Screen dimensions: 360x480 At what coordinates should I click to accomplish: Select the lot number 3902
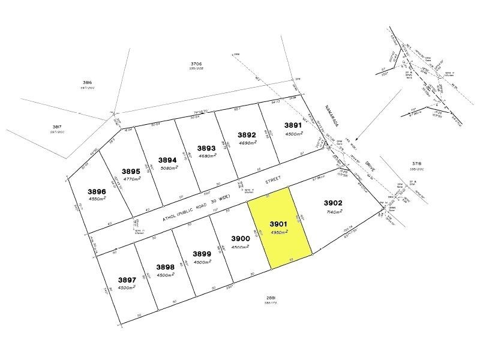pyautogui.click(x=332, y=203)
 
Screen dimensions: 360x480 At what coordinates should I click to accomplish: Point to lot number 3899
pyautogui.click(x=202, y=253)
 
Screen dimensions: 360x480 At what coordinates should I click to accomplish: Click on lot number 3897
pyautogui.click(x=127, y=280)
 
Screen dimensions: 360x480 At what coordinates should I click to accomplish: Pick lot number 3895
pyautogui.click(x=131, y=171)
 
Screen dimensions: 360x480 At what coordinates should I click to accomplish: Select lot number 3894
pyautogui.click(x=167, y=160)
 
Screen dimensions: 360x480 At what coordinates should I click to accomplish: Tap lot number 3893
pyautogui.click(x=207, y=148)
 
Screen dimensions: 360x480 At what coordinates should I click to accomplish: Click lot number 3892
pyautogui.click(x=247, y=135)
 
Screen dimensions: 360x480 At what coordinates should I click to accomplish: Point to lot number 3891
pyautogui.click(x=293, y=125)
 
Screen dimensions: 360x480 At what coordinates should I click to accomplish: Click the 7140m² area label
pyautogui.click(x=333, y=212)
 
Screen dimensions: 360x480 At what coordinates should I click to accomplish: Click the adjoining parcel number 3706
pyautogui.click(x=197, y=63)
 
